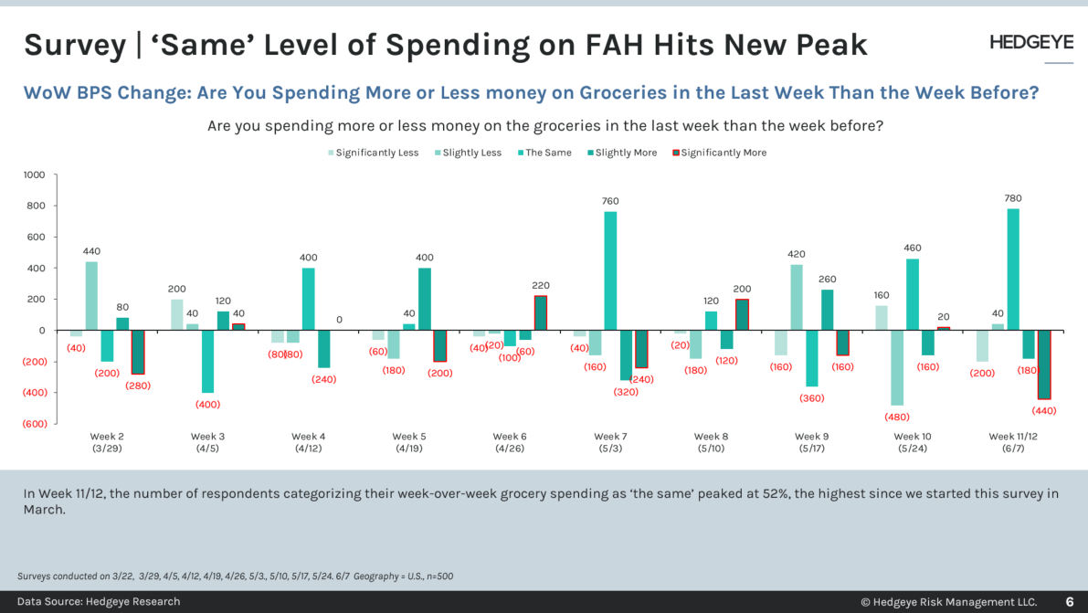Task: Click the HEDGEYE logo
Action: [x=1031, y=43]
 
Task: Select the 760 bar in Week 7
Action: [x=610, y=270]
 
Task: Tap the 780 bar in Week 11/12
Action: [x=1013, y=270]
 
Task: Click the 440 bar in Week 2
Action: [x=91, y=296]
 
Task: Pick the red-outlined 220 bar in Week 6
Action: [x=541, y=313]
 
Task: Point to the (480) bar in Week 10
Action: [x=896, y=367]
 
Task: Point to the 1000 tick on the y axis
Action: [x=33, y=174]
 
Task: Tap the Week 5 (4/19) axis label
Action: [x=409, y=442]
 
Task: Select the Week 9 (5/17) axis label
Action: [x=812, y=442]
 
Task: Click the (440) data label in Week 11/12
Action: [x=1043, y=410]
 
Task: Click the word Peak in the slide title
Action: [x=827, y=44]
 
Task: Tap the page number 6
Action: [x=1070, y=601]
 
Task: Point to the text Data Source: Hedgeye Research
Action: [x=99, y=601]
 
